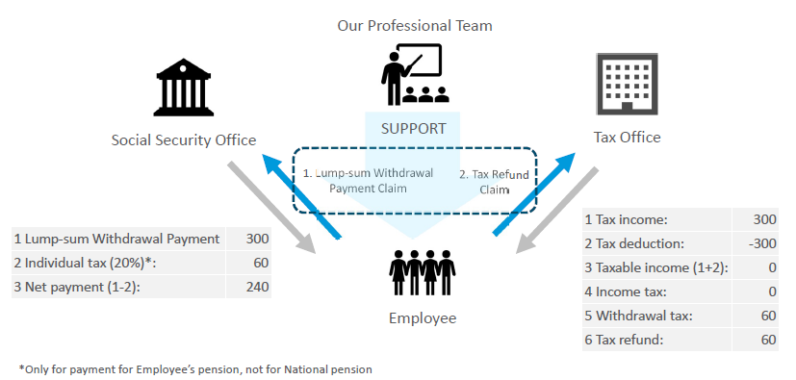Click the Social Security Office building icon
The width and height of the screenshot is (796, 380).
coord(183,88)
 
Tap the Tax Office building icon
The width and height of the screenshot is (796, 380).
coord(627,85)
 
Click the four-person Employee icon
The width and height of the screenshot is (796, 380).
coord(423,272)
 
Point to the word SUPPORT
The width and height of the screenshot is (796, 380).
coord(414,128)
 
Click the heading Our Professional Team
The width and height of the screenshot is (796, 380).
coord(415,25)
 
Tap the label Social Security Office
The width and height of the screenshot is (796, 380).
coord(184,140)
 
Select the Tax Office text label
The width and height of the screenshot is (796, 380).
coord(627,137)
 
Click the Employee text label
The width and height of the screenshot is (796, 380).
coord(423,318)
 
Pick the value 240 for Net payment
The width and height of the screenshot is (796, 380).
coord(257,287)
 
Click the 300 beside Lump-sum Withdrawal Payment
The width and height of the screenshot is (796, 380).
coord(257,239)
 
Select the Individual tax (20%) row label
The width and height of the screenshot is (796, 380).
coord(85,263)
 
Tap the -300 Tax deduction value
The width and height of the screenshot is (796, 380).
coord(762,243)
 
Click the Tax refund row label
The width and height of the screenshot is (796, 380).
coord(624,340)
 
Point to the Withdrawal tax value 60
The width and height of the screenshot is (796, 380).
coord(769,316)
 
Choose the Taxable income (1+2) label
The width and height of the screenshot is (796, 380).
coord(656,267)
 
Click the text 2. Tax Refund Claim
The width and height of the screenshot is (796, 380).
coord(494,182)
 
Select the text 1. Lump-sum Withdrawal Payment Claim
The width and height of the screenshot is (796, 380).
coord(368,181)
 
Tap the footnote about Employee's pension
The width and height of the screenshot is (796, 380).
coord(195,369)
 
